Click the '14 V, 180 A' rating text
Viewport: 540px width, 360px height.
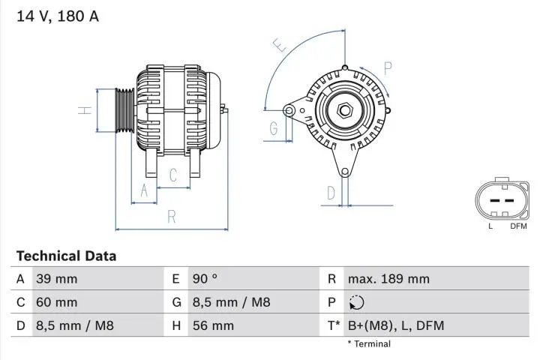(x=58, y=15)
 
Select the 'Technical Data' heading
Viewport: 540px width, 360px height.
(x=66, y=256)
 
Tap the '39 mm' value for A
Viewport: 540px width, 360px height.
(x=57, y=279)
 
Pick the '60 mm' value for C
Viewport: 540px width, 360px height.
(x=57, y=302)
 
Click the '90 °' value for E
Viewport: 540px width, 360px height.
(x=205, y=279)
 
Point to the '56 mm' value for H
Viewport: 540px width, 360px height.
(x=213, y=325)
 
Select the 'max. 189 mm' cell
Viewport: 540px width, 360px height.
(x=388, y=279)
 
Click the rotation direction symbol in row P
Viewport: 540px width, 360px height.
(x=355, y=302)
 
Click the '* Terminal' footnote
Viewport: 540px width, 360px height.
(x=368, y=343)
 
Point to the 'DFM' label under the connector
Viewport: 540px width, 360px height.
(x=518, y=226)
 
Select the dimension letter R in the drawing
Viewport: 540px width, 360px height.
(x=172, y=217)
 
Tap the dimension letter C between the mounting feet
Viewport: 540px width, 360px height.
(x=172, y=175)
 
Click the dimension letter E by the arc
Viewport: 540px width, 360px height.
(x=281, y=46)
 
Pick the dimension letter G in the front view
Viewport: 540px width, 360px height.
(x=274, y=128)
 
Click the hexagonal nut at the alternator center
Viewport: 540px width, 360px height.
(x=344, y=110)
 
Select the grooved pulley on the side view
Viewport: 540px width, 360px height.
(x=124, y=110)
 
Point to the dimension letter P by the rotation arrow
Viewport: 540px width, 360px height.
(x=388, y=68)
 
